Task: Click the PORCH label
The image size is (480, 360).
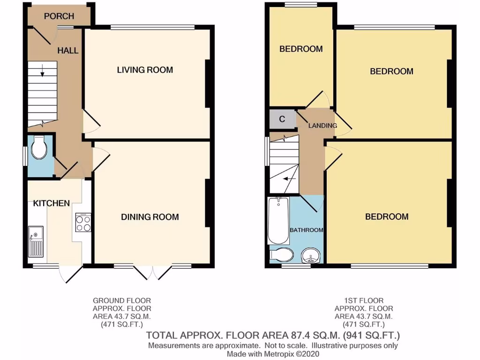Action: (59, 16)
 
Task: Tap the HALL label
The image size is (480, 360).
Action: (68, 50)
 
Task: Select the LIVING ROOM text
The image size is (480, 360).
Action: (145, 70)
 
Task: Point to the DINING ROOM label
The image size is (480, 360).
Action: (150, 217)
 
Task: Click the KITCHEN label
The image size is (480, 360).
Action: (51, 203)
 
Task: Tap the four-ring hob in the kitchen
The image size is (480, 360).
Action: (83, 223)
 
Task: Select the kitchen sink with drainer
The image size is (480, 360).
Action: (36, 241)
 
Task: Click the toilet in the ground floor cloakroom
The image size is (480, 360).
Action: (38, 150)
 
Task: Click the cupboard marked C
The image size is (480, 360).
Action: (282, 119)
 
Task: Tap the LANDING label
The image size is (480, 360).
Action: (322, 126)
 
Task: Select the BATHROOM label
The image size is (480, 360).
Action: (307, 230)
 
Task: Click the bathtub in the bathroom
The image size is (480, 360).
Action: (279, 220)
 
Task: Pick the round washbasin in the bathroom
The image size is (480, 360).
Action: (311, 256)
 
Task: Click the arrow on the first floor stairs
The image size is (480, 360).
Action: (291, 179)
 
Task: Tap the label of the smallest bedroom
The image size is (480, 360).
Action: (301, 49)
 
